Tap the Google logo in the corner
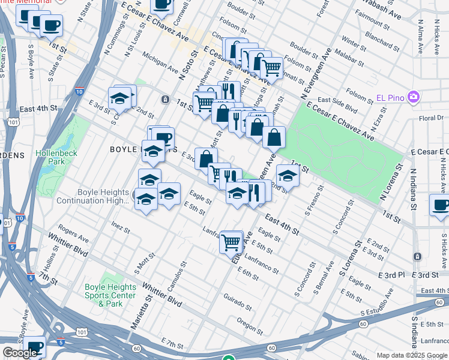coord(20,353)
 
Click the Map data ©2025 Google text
coord(412,355)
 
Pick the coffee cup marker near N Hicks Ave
coord(440,205)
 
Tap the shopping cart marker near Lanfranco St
coord(231,242)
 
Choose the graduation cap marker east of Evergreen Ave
coord(288,175)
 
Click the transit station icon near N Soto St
coord(164,98)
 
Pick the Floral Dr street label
coord(432,118)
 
